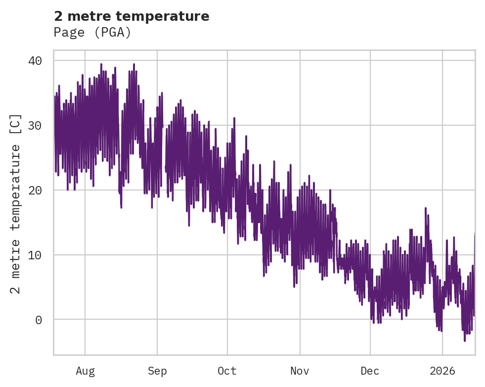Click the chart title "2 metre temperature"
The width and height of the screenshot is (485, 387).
(132, 16)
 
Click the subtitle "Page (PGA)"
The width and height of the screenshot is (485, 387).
(92, 33)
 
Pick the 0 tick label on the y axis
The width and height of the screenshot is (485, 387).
(39, 320)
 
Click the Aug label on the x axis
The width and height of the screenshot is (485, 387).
(85, 371)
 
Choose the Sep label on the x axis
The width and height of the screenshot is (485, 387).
(157, 371)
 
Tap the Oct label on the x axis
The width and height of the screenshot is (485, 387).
(227, 371)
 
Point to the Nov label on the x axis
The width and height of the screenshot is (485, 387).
(300, 371)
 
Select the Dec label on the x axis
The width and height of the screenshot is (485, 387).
(370, 371)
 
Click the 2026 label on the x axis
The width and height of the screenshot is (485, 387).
(442, 371)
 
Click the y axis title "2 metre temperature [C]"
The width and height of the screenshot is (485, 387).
(16, 203)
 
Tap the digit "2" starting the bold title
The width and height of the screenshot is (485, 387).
(58, 16)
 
